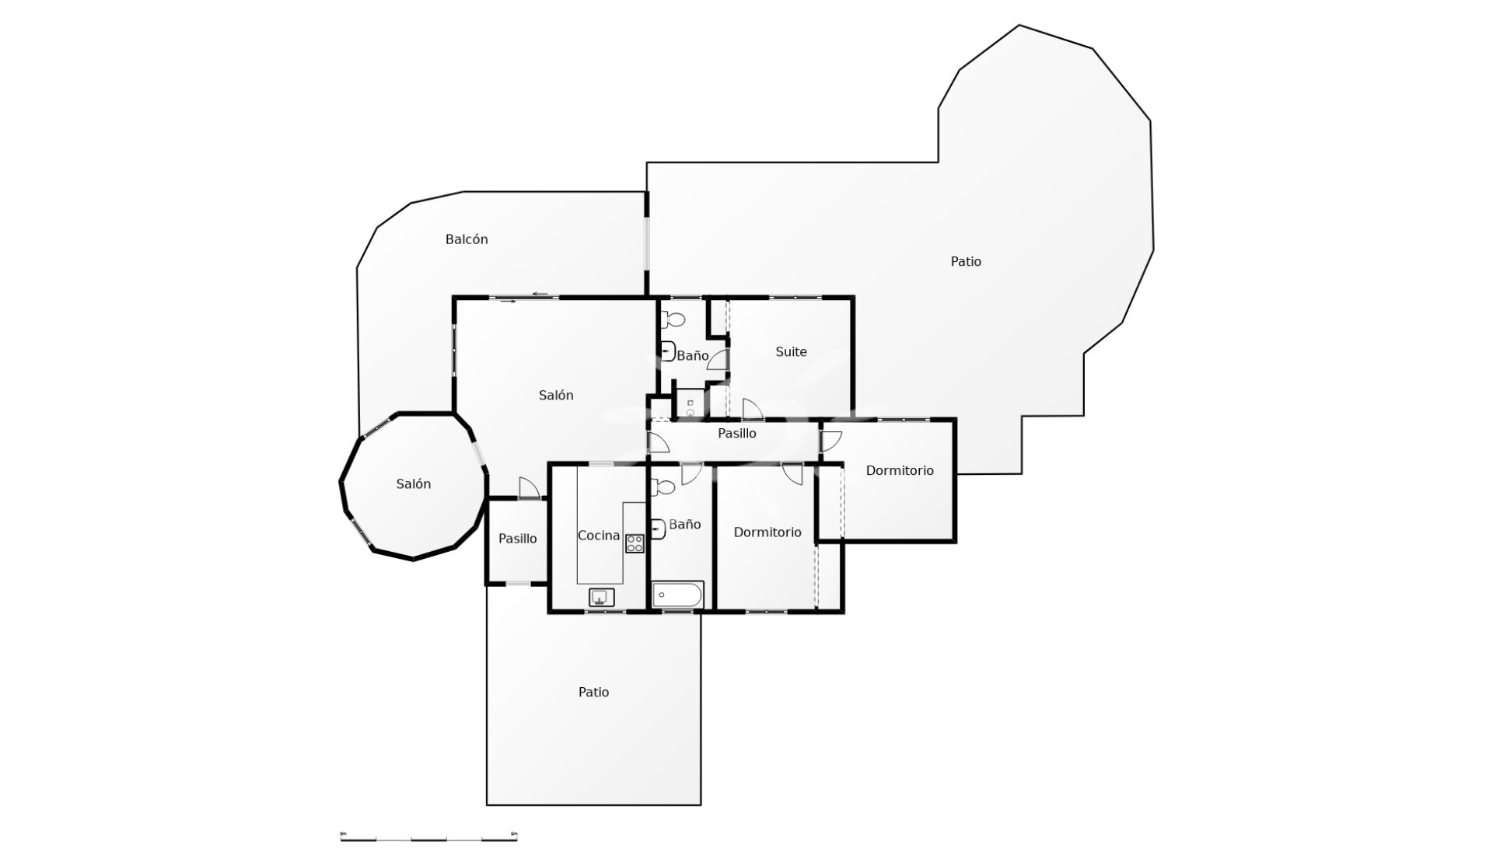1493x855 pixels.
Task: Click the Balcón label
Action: click(467, 239)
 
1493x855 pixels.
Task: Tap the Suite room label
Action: click(791, 352)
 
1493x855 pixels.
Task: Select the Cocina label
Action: click(599, 536)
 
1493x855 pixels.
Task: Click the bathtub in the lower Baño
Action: click(677, 595)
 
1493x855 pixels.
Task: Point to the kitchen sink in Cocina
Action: click(601, 597)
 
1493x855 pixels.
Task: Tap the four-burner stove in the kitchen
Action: click(635, 543)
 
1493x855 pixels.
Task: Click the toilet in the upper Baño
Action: click(673, 319)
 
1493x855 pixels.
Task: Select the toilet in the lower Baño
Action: click(663, 487)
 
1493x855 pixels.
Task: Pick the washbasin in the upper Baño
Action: click(667, 352)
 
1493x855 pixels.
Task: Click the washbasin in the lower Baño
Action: click(658, 529)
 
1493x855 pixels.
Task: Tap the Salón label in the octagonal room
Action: click(413, 484)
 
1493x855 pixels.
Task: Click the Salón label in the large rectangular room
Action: click(556, 396)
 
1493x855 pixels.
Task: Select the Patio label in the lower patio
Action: click(593, 693)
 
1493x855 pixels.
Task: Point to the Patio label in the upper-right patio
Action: click(966, 262)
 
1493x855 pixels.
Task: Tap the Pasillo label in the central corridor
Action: click(736, 434)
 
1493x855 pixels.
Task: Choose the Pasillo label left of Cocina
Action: click(517, 539)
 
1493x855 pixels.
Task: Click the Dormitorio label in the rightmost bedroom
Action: click(900, 471)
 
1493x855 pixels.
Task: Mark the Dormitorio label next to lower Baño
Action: click(767, 532)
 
